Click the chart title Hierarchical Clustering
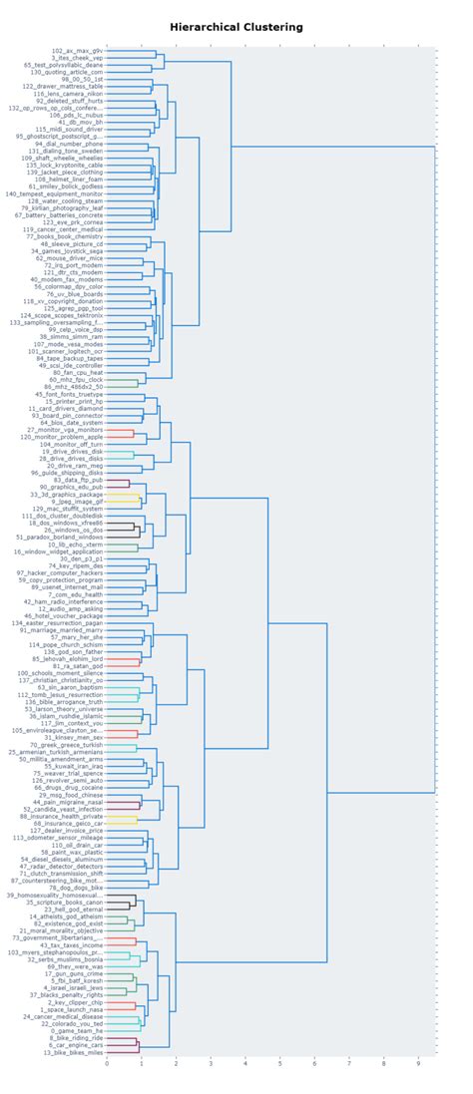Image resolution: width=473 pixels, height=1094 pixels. pos(236,27)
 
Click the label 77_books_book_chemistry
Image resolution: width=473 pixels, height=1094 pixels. pos(70,236)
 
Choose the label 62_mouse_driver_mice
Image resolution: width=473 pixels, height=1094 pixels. pos(72,258)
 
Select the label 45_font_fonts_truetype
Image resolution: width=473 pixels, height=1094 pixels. pos(72,395)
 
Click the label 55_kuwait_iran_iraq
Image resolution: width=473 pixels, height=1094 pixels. pos(73,766)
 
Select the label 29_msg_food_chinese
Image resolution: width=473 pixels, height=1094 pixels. pos(73,795)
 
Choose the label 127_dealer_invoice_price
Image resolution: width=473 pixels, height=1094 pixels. pos(69,830)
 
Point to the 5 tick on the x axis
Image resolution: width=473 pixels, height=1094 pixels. pos(279,1063)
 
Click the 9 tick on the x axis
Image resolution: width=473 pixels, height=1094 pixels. pos(418,1063)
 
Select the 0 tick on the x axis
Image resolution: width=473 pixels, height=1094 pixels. pos(107,1063)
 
